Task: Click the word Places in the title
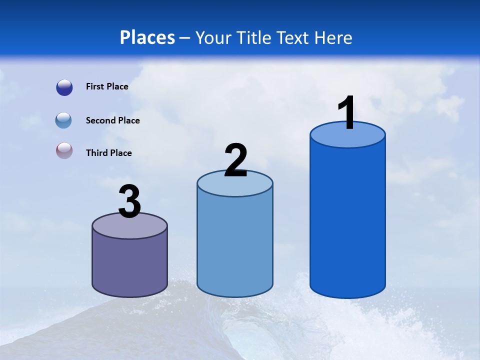click(x=147, y=37)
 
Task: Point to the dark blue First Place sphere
click(x=64, y=87)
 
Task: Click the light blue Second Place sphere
click(x=63, y=120)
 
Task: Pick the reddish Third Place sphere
click(x=64, y=151)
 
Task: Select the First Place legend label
click(x=107, y=86)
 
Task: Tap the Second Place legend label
click(x=112, y=120)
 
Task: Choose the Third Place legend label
click(x=108, y=153)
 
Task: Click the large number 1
click(x=347, y=113)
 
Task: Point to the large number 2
click(x=236, y=160)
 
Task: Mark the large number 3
click(x=130, y=201)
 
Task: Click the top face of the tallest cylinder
click(x=347, y=138)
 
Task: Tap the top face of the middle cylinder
click(x=235, y=186)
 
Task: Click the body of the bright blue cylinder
click(x=347, y=220)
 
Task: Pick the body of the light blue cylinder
click(x=235, y=245)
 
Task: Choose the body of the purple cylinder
click(x=129, y=265)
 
